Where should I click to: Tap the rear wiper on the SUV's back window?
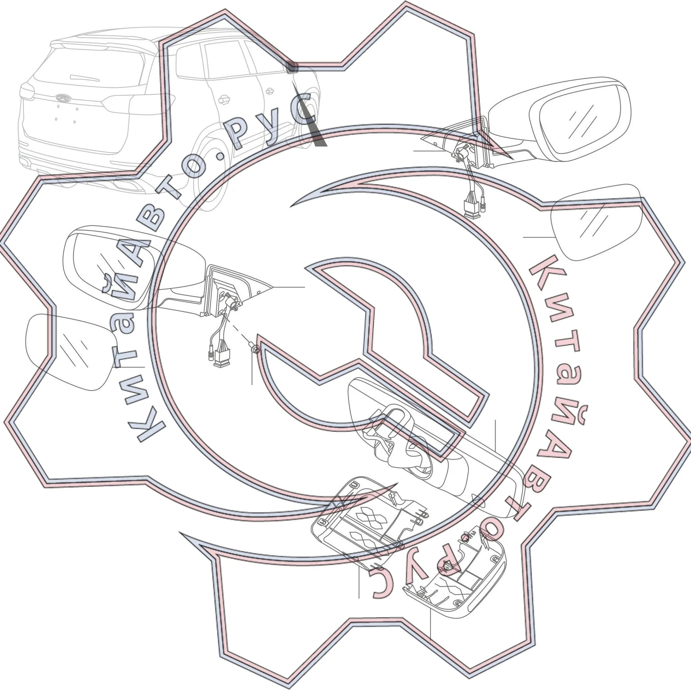(85, 78)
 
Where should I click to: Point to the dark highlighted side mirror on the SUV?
(292, 67)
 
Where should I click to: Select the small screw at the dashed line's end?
(255, 349)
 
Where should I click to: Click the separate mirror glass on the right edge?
(596, 222)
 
